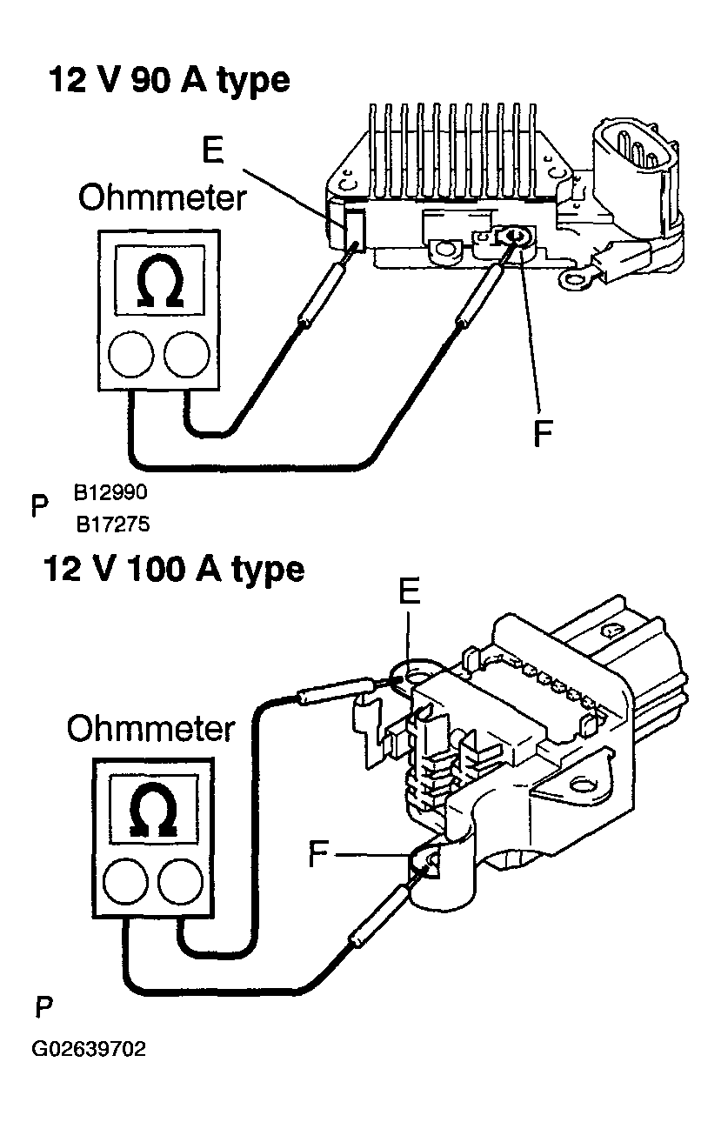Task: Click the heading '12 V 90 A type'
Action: tap(167, 81)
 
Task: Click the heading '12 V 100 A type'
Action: tap(174, 570)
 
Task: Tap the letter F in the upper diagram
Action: tap(542, 432)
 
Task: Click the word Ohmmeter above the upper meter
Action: tap(163, 199)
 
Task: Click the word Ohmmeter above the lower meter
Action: tap(150, 729)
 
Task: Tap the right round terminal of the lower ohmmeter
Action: tap(180, 882)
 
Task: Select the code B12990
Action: tap(110, 492)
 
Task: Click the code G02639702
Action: tap(89, 1049)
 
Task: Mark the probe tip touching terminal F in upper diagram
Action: tap(506, 248)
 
